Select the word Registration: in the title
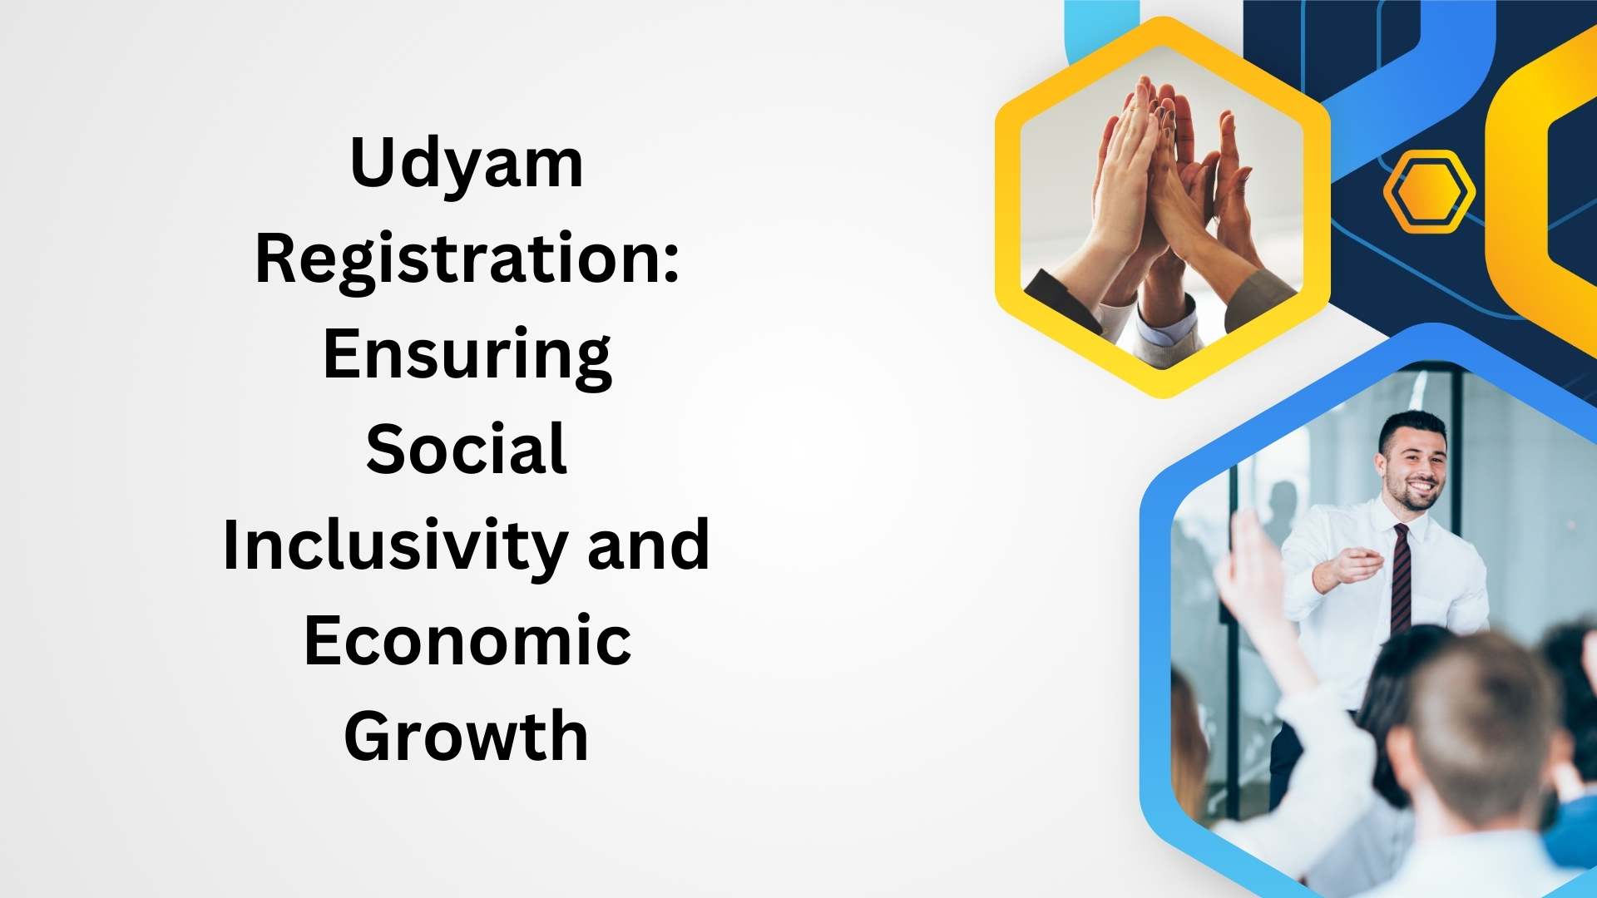click(467, 259)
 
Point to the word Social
click(467, 449)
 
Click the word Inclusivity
click(398, 546)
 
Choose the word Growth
click(467, 736)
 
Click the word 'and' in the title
click(649, 545)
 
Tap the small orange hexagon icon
click(1429, 192)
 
